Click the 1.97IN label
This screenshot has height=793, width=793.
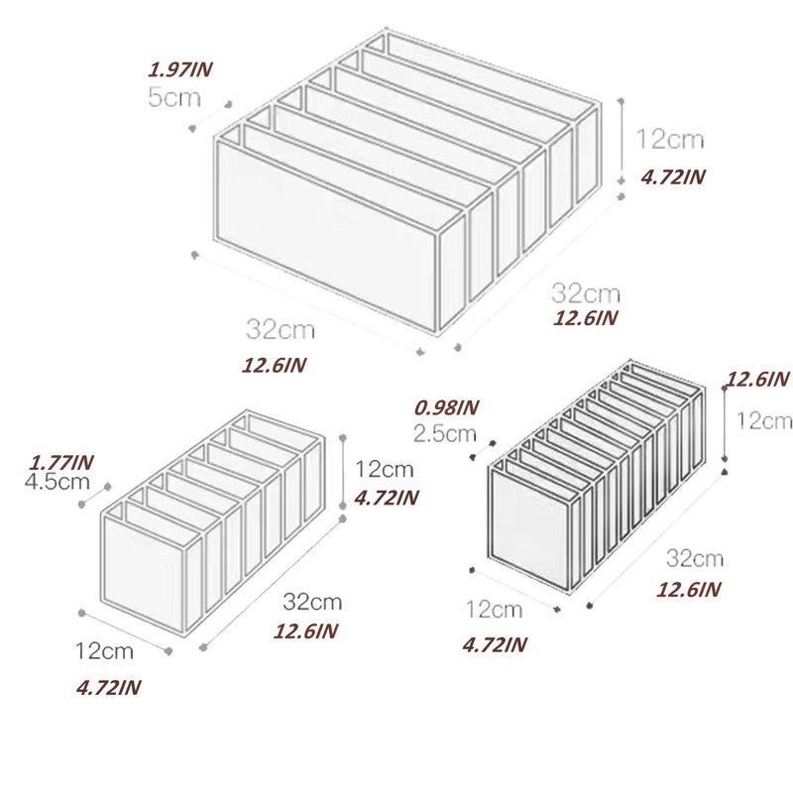(180, 69)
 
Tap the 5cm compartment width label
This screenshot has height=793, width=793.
(174, 96)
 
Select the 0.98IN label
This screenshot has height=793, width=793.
(446, 407)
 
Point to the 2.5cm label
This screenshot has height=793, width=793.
(444, 433)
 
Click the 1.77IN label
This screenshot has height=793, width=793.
(61, 462)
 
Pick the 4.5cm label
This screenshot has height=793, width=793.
(57, 482)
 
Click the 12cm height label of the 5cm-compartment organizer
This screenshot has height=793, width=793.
(670, 139)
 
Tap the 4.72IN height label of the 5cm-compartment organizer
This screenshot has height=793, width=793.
(673, 177)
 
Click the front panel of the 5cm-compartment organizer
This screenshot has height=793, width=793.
(326, 236)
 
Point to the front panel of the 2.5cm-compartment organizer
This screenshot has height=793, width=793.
(529, 528)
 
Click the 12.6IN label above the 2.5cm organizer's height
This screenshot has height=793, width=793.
(757, 379)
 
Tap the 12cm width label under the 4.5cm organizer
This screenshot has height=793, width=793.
(104, 651)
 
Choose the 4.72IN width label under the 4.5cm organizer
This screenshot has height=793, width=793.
(108, 688)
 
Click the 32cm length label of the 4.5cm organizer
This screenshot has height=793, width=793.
(312, 602)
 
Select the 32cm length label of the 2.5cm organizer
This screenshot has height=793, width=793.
(695, 558)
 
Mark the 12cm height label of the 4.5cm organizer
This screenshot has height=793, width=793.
(385, 469)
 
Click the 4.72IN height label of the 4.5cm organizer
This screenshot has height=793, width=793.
(387, 499)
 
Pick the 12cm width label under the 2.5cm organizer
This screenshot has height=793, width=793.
(494, 610)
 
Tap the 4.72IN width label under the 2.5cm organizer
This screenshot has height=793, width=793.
(495, 645)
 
